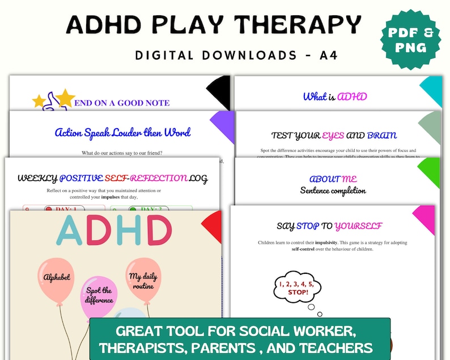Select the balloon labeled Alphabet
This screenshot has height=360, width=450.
pos(56,278)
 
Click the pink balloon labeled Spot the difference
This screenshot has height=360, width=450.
pos(100,295)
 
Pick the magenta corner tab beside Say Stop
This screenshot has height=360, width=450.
pos(431,218)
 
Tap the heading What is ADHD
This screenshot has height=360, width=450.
pos(335,96)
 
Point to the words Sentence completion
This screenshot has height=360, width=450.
pos(333,190)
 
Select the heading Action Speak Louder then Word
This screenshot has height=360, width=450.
pos(122,133)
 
